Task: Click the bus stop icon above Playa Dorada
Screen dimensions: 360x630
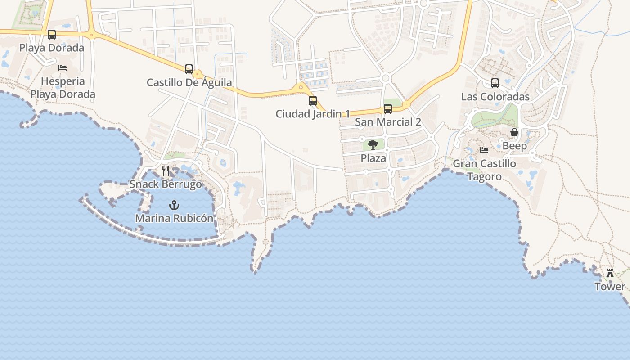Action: click(52, 35)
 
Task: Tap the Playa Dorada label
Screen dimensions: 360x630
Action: click(52, 48)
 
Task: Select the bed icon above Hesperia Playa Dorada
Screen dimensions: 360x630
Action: click(63, 68)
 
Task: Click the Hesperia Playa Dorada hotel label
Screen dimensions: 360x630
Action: click(63, 88)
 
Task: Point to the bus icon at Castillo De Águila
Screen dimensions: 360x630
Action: click(189, 69)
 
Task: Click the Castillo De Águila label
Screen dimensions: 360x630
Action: click(189, 82)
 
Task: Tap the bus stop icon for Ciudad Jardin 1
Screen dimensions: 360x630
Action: click(313, 101)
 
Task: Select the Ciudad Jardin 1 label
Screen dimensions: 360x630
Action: click(313, 114)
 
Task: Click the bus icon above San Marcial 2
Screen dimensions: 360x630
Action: click(388, 109)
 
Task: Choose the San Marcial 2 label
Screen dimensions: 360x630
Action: click(388, 122)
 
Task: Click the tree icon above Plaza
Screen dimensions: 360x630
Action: click(373, 145)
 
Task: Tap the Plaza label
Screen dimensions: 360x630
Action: click(373, 158)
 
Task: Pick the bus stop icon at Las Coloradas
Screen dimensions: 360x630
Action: click(495, 83)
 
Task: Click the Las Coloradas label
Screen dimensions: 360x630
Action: click(495, 97)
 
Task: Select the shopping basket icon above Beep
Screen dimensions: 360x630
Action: click(514, 133)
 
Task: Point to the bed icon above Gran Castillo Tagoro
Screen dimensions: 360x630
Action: click(484, 150)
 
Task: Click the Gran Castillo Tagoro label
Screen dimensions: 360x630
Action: click(484, 170)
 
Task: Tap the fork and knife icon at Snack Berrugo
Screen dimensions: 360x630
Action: click(166, 171)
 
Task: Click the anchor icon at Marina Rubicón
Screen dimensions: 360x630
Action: click(174, 206)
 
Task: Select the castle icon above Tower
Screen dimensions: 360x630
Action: click(610, 273)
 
